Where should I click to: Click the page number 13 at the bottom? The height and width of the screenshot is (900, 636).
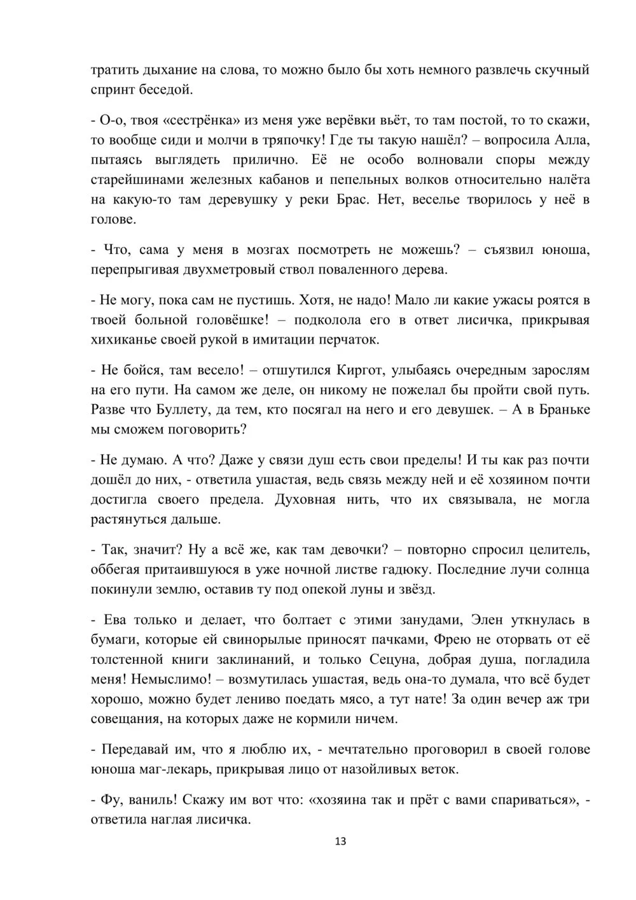pyautogui.click(x=340, y=841)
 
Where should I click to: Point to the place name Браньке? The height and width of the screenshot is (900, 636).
pyautogui.click(x=559, y=409)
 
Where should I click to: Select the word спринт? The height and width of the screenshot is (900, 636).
pyautogui.click(x=113, y=89)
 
